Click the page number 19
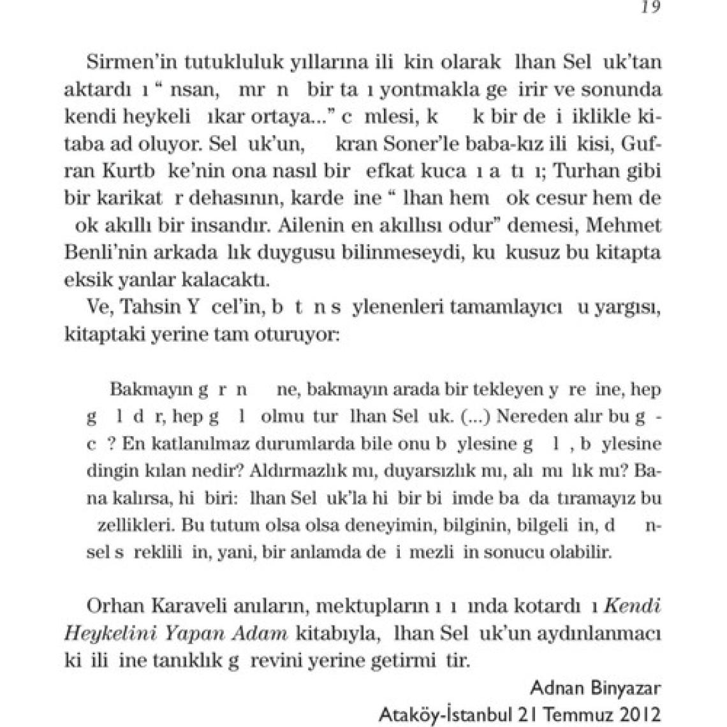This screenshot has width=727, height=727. [651, 7]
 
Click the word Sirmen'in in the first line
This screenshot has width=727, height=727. [122, 62]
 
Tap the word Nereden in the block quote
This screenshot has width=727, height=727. [527, 416]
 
